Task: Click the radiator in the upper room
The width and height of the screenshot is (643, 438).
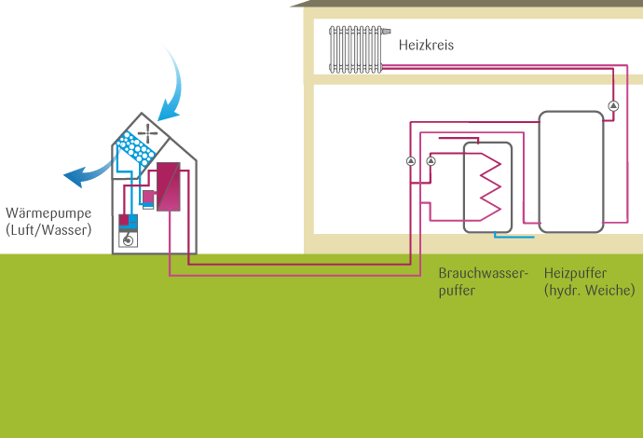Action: [x=356, y=48]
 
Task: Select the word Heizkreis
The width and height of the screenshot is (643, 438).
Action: [x=426, y=45]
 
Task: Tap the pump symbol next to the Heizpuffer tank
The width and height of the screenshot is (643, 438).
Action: [x=613, y=105]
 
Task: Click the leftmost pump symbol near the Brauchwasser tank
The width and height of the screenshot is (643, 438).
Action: [x=411, y=161]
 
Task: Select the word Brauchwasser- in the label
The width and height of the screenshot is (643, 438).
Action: [x=483, y=273]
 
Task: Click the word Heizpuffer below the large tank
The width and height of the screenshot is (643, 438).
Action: [x=575, y=273]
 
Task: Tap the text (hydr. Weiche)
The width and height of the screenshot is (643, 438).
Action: [x=589, y=291]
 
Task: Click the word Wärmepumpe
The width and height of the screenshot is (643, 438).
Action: [x=48, y=212]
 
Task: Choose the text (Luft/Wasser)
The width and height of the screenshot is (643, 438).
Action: [x=48, y=228]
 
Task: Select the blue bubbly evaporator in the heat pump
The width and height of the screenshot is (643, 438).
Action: [x=137, y=149]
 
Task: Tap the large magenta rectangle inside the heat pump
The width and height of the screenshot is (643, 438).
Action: [x=168, y=187]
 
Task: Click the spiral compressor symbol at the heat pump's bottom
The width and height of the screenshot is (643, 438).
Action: [x=129, y=240]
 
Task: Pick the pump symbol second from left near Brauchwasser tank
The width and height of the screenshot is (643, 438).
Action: [x=431, y=161]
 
